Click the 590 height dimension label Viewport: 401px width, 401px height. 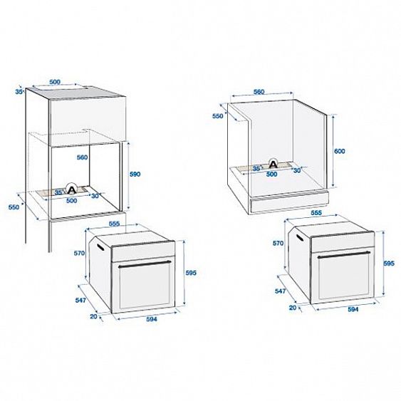(135, 174)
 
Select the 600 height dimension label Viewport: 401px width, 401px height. (340, 152)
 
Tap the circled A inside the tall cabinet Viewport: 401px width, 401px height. (71, 189)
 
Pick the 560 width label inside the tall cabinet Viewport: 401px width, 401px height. (82, 157)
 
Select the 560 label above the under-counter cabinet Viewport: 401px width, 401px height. (259, 92)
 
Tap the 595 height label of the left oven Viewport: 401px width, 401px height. (190, 273)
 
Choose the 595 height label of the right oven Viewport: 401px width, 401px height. (389, 264)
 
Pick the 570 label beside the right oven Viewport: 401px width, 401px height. (278, 243)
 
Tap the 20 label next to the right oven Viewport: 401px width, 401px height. (293, 308)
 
